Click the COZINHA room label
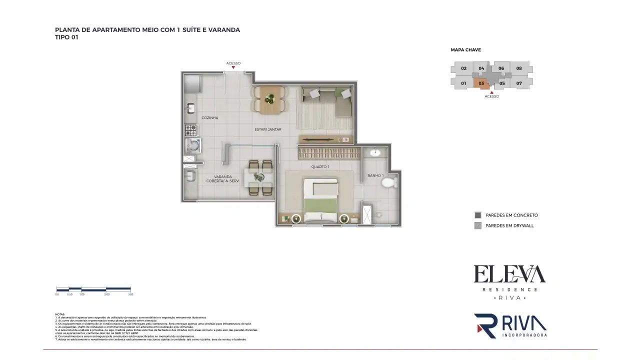pyautogui.click(x=209, y=118)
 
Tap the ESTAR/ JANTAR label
pyautogui.click(x=267, y=129)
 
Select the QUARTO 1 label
pyautogui.click(x=320, y=166)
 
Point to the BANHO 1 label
pyautogui.click(x=375, y=175)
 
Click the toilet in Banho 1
pyautogui.click(x=388, y=181)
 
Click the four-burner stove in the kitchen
pyautogui.click(x=191, y=130)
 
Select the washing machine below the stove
pyautogui.click(x=191, y=145)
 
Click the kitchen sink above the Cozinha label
pyautogui.click(x=191, y=108)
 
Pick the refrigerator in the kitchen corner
pyautogui.click(x=191, y=83)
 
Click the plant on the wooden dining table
pyautogui.click(x=269, y=98)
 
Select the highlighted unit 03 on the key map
pyautogui.click(x=481, y=83)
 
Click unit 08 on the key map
pyautogui.click(x=519, y=68)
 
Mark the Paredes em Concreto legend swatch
pyautogui.click(x=477, y=215)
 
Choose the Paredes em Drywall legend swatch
pyautogui.click(x=477, y=225)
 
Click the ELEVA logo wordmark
pyautogui.click(x=509, y=274)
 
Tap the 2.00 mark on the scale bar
pyautogui.click(x=106, y=294)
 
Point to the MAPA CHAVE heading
pyautogui.click(x=465, y=50)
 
